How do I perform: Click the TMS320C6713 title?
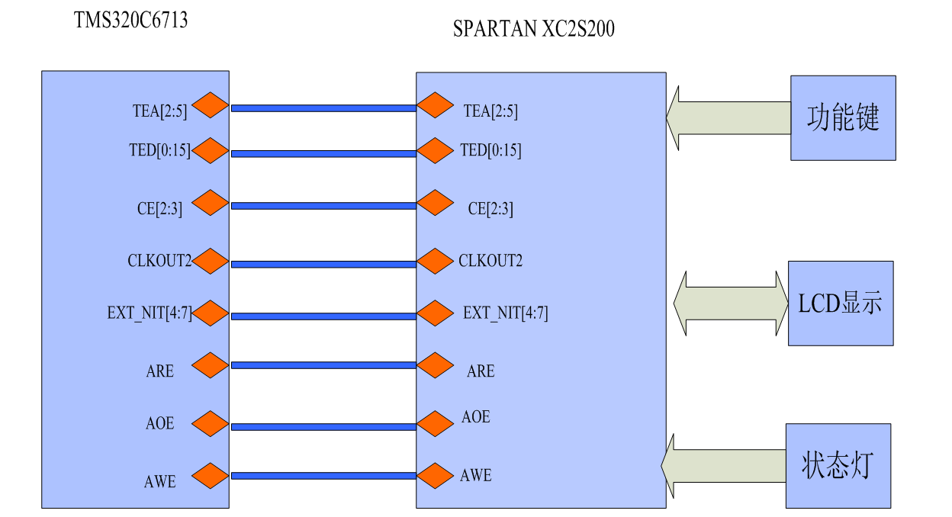(x=130, y=21)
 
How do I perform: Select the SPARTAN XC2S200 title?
(x=533, y=30)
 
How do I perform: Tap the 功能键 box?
(x=843, y=117)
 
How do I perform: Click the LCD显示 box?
(x=840, y=303)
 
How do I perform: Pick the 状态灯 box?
(x=838, y=465)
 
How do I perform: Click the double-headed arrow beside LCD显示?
(x=730, y=303)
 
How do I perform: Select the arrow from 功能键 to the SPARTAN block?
(x=728, y=117)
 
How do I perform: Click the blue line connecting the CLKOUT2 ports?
(x=323, y=264)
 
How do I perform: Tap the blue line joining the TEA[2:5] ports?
(x=323, y=108)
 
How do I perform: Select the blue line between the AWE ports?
(x=323, y=476)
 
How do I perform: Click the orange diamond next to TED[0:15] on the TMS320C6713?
(x=211, y=150)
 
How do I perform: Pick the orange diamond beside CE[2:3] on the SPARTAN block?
(x=436, y=203)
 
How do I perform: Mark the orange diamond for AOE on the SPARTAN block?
(x=436, y=424)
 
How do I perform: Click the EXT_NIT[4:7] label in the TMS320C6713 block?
(x=150, y=313)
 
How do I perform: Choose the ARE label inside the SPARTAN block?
(x=481, y=371)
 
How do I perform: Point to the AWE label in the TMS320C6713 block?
(x=160, y=482)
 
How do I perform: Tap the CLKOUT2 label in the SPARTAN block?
(x=490, y=261)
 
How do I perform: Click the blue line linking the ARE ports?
(x=323, y=365)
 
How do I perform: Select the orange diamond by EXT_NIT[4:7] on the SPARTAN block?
(x=436, y=313)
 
